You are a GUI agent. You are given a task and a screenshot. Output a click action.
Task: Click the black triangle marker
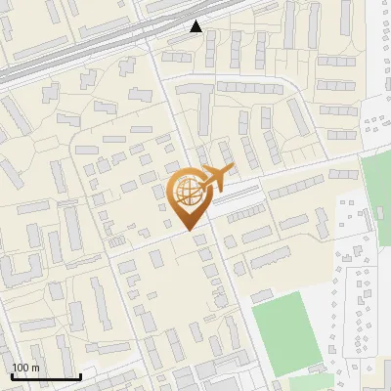196,26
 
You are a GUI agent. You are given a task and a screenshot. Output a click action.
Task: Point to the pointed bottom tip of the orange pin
186,229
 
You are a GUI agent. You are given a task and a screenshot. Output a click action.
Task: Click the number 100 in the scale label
21,368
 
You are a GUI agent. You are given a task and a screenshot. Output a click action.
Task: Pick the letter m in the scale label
35,368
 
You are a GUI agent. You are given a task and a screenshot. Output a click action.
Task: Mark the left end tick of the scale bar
12,374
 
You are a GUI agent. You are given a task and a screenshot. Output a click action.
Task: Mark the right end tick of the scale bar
80,374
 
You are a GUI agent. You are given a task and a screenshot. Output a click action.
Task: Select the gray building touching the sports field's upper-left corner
262,295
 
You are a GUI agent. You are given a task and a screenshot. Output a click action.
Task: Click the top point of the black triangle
196,21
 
